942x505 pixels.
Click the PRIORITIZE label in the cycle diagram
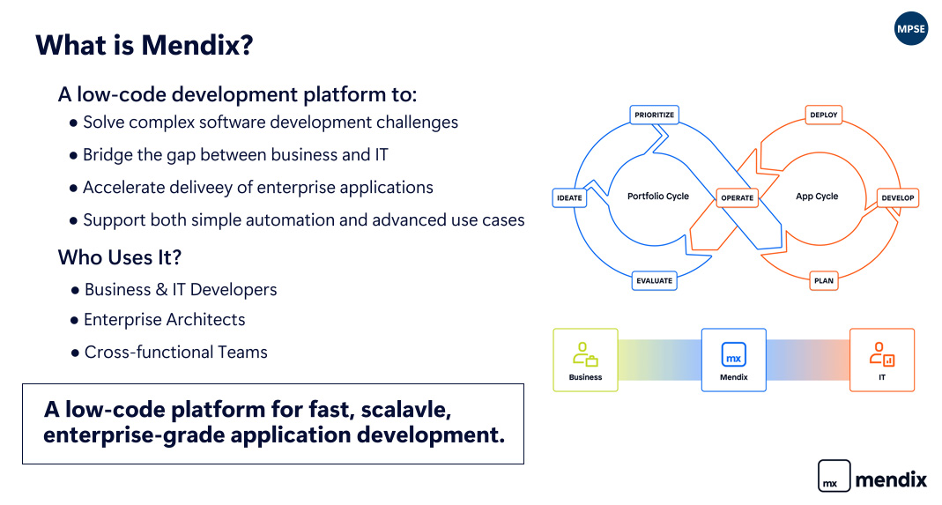point(654,115)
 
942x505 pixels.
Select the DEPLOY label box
point(823,115)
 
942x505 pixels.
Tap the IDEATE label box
point(569,197)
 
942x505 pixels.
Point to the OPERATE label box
point(737,197)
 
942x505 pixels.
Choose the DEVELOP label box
point(898,197)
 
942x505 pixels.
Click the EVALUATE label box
point(654,281)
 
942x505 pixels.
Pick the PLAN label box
point(823,281)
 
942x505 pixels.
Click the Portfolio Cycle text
point(657,197)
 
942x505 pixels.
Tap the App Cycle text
point(817,197)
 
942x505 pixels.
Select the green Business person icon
point(585,354)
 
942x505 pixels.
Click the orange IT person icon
point(881,354)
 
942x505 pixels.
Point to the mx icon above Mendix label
point(733,354)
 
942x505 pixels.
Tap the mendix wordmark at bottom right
point(891,479)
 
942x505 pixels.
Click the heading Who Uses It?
point(119,257)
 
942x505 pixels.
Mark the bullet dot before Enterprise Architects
point(76,321)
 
